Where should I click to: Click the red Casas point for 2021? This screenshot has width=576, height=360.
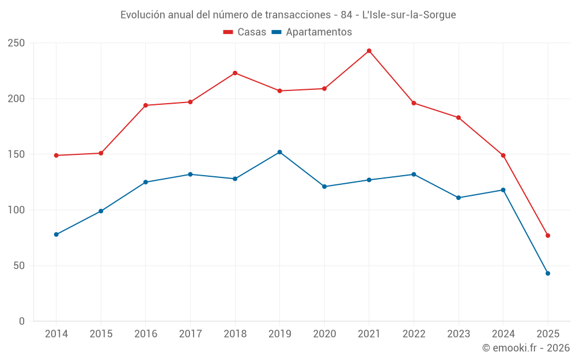[x=369, y=51]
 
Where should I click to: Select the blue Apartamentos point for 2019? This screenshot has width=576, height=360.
[x=279, y=152]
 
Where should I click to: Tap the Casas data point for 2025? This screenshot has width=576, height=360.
[x=548, y=236]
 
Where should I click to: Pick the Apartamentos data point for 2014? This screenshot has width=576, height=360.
[x=56, y=234]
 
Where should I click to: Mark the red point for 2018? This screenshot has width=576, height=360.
[x=235, y=73]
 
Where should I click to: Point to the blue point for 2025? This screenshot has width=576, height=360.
[x=548, y=274]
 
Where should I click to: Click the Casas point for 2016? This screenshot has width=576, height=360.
[x=146, y=105]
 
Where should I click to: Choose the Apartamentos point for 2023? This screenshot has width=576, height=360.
[x=458, y=198]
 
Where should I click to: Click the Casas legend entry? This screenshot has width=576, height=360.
[x=245, y=32]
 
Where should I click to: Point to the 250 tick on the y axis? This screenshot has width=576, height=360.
[x=16, y=43]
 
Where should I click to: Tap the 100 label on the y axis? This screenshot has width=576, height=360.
[x=16, y=210]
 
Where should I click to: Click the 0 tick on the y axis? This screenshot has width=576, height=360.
[x=21, y=321]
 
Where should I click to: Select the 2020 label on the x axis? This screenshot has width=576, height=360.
[x=324, y=334]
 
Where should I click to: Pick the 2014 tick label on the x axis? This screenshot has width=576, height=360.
[x=56, y=334]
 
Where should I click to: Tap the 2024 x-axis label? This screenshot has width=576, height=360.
[x=503, y=334]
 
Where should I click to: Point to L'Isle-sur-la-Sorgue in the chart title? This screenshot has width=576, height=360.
[x=409, y=15]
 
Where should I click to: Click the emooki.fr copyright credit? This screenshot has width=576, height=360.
[x=526, y=348]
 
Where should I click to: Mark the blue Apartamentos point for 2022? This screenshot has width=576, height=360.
[x=414, y=175]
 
